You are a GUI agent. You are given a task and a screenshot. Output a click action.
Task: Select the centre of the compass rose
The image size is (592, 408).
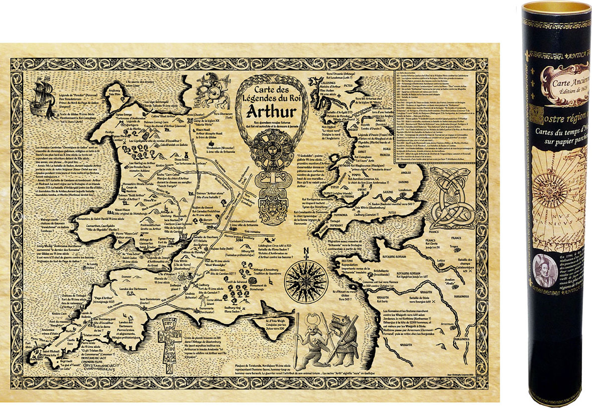pos(306,282)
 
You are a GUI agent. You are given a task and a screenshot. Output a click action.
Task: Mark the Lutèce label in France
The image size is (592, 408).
pos(441,261)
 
